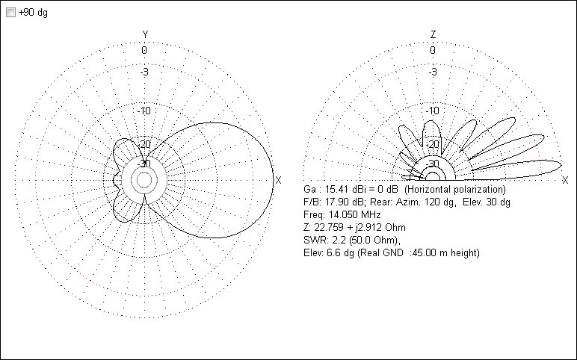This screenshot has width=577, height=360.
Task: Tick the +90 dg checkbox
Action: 10,13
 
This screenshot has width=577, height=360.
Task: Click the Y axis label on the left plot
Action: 145,35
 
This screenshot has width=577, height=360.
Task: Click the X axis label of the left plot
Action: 278,180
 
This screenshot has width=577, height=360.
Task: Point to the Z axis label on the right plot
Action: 433,35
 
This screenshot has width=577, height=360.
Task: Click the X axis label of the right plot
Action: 565,180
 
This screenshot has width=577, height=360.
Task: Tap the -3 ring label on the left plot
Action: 144,72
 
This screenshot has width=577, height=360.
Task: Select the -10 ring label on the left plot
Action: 144,111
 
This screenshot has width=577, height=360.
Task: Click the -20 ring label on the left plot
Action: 144,144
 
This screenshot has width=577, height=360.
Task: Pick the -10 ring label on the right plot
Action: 433,111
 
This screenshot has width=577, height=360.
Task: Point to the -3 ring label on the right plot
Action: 433,72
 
